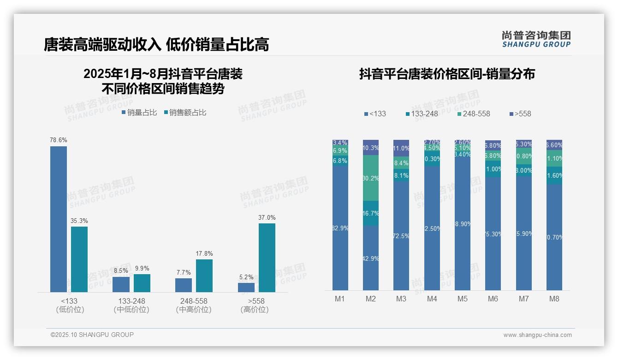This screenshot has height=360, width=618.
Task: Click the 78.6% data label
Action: [59, 140]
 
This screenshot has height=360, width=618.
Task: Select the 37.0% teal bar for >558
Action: [267, 258]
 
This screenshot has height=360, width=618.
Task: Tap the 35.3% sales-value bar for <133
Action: [79, 259]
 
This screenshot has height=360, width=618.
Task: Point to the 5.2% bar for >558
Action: [246, 287]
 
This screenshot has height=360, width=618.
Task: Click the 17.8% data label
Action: [204, 253]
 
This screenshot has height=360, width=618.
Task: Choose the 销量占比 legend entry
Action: [139, 112]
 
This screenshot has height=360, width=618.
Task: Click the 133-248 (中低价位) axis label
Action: [131, 305]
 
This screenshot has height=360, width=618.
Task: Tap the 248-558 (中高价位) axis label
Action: [194, 305]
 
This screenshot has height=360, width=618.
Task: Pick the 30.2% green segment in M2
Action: [371, 178]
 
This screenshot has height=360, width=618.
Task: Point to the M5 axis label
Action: [463, 299]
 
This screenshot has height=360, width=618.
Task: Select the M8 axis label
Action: [554, 299]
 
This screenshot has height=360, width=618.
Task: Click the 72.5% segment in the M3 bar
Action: [401, 235]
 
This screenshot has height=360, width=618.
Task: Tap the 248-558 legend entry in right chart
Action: [474, 114]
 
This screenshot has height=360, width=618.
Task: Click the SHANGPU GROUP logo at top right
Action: [536, 39]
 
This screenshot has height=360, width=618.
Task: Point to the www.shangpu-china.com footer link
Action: [537, 335]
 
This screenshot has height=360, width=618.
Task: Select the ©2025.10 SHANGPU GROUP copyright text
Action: [92, 335]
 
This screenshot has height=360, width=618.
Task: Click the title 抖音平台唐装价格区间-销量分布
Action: [447, 74]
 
